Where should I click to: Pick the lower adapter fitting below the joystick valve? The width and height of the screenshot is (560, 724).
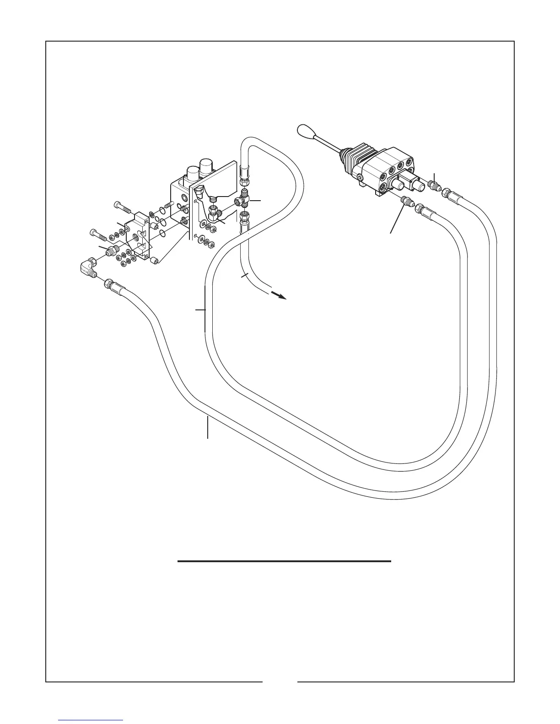pyautogui.click(x=406, y=201)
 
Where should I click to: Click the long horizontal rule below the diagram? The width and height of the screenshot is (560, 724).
pyautogui.click(x=284, y=561)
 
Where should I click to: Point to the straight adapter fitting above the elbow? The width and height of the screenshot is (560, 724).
pyautogui.click(x=112, y=251)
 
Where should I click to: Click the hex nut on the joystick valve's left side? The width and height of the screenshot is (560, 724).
pyautogui.click(x=361, y=176)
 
